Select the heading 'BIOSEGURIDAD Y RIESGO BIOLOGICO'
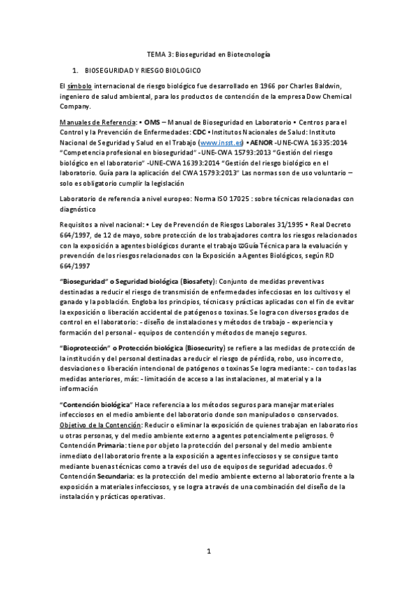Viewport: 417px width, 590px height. point(143,72)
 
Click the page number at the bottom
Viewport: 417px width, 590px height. point(208,552)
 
